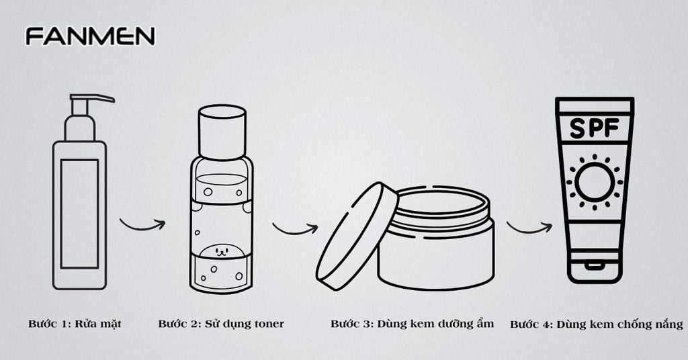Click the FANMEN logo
[90, 36]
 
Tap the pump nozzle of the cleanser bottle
[94, 99]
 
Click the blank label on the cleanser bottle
[79, 214]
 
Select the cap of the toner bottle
[222, 132]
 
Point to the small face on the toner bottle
[222, 252]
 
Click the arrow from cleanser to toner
[142, 224]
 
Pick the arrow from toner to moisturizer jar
[294, 228]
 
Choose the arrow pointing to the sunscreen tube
[529, 228]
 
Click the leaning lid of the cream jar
[357, 236]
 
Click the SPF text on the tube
[595, 128]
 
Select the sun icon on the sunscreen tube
[595, 182]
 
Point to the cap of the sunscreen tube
[594, 269]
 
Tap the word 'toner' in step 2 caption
[266, 324]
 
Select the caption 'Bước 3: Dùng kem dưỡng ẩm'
[412, 324]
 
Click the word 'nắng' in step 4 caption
[666, 324]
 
